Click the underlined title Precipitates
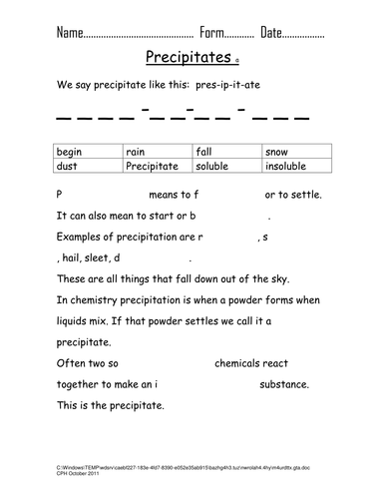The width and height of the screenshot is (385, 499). pos(189,58)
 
